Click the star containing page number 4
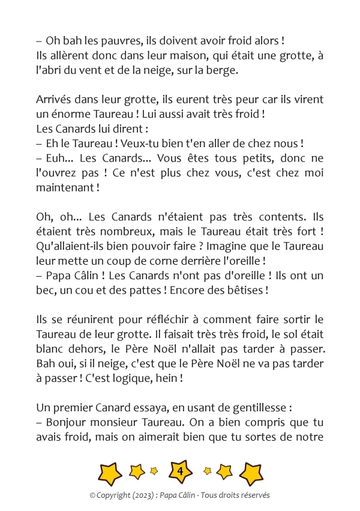pos(180,473)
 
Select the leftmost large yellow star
pos(109,473)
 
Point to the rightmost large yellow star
pos(251,473)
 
